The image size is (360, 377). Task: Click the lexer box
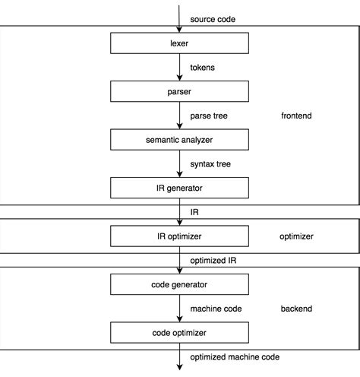(180, 44)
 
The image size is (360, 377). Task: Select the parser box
(180, 92)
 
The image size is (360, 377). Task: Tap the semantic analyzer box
(180, 140)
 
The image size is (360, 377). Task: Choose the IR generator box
(180, 187)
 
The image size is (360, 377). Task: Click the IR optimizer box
(180, 236)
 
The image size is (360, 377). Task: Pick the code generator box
(180, 285)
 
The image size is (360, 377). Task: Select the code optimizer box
(180, 333)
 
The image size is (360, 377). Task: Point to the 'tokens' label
(202, 68)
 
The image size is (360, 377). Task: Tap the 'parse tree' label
(209, 116)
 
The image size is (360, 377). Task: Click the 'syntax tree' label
(210, 164)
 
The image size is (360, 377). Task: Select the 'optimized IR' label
(213, 261)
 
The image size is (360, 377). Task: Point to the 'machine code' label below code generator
(216, 309)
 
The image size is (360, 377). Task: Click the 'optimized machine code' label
(235, 357)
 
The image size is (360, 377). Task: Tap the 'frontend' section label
(296, 116)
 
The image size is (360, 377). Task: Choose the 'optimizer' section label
(296, 236)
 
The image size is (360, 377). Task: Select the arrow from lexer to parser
(180, 68)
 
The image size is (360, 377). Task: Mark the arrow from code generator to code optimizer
(180, 309)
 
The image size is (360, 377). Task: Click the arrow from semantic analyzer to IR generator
(180, 164)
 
